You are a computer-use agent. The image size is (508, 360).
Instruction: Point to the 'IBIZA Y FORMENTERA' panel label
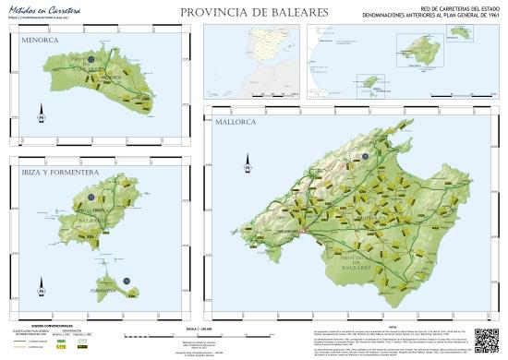pyautogui.click(x=43, y=172)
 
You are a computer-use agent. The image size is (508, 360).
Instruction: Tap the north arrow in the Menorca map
pyautogui.click(x=41, y=116)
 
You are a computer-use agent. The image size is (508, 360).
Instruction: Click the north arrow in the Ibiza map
pyautogui.click(x=41, y=289)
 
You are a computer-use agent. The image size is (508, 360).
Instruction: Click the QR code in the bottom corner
pyautogui.click(x=487, y=336)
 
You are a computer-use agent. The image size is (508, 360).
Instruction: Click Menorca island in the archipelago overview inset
pyautogui.click(x=460, y=40)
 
